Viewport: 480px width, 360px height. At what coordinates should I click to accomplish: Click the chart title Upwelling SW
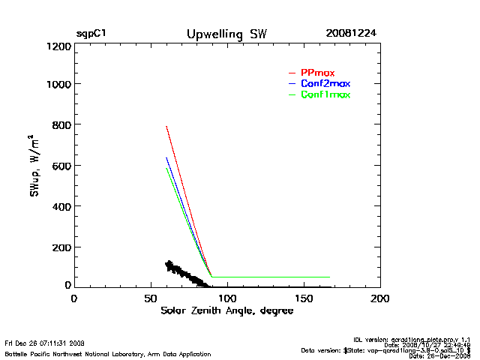[x=226, y=34]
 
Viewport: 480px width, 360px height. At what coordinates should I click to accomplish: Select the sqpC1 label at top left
[x=91, y=34]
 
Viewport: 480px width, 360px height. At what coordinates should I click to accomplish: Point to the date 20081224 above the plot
[x=352, y=34]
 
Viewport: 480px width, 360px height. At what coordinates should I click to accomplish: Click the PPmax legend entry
[x=317, y=72]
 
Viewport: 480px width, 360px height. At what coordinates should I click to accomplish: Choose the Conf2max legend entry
[x=325, y=83]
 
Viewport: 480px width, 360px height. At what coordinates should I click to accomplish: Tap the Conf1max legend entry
[x=325, y=94]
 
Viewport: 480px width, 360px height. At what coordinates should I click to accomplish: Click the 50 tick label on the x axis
[x=150, y=298]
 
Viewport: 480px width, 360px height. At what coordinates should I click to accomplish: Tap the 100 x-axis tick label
[x=226, y=298]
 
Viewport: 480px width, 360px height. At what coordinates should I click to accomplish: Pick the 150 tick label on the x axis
[x=304, y=298]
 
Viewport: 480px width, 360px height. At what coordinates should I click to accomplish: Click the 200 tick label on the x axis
[x=380, y=298]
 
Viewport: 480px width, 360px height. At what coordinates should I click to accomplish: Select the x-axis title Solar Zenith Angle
[x=226, y=311]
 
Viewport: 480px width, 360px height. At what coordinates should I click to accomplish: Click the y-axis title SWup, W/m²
[x=35, y=166]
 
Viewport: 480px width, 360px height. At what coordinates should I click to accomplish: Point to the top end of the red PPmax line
[x=166, y=127]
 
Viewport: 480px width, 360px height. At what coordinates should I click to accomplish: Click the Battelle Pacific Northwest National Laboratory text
[x=108, y=353]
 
